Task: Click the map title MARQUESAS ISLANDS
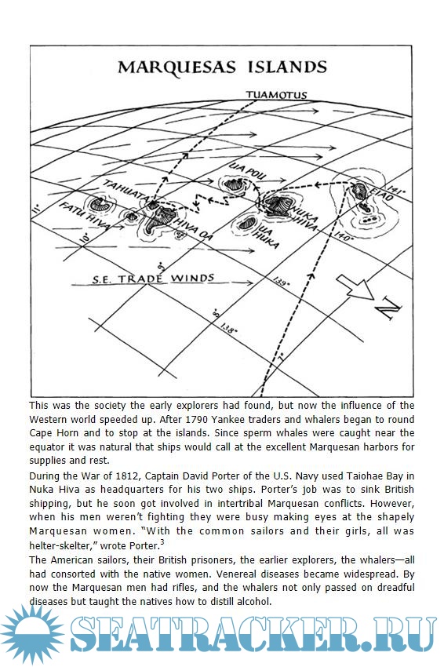point(222,67)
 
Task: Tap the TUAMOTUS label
point(276,94)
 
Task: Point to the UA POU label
point(248,170)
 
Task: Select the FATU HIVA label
point(84,216)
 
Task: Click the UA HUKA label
point(266,236)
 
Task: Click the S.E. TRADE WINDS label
point(153,279)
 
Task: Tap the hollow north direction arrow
point(355,287)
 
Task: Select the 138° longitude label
point(228,328)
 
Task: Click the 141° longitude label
point(395,188)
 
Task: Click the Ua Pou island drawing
point(234,184)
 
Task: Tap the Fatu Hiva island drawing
point(100,205)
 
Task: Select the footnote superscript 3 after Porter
point(162,542)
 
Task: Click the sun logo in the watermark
point(32,634)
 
